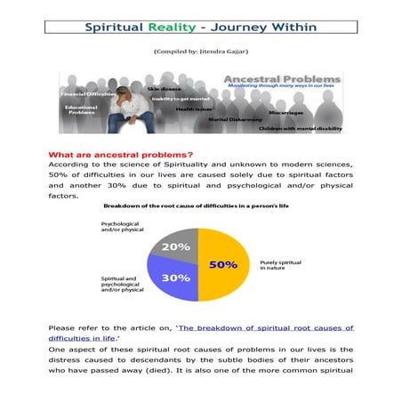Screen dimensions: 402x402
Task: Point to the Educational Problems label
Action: (80, 109)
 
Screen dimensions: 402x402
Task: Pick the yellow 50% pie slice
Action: (224, 263)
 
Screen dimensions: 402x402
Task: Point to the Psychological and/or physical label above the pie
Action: (125, 228)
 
